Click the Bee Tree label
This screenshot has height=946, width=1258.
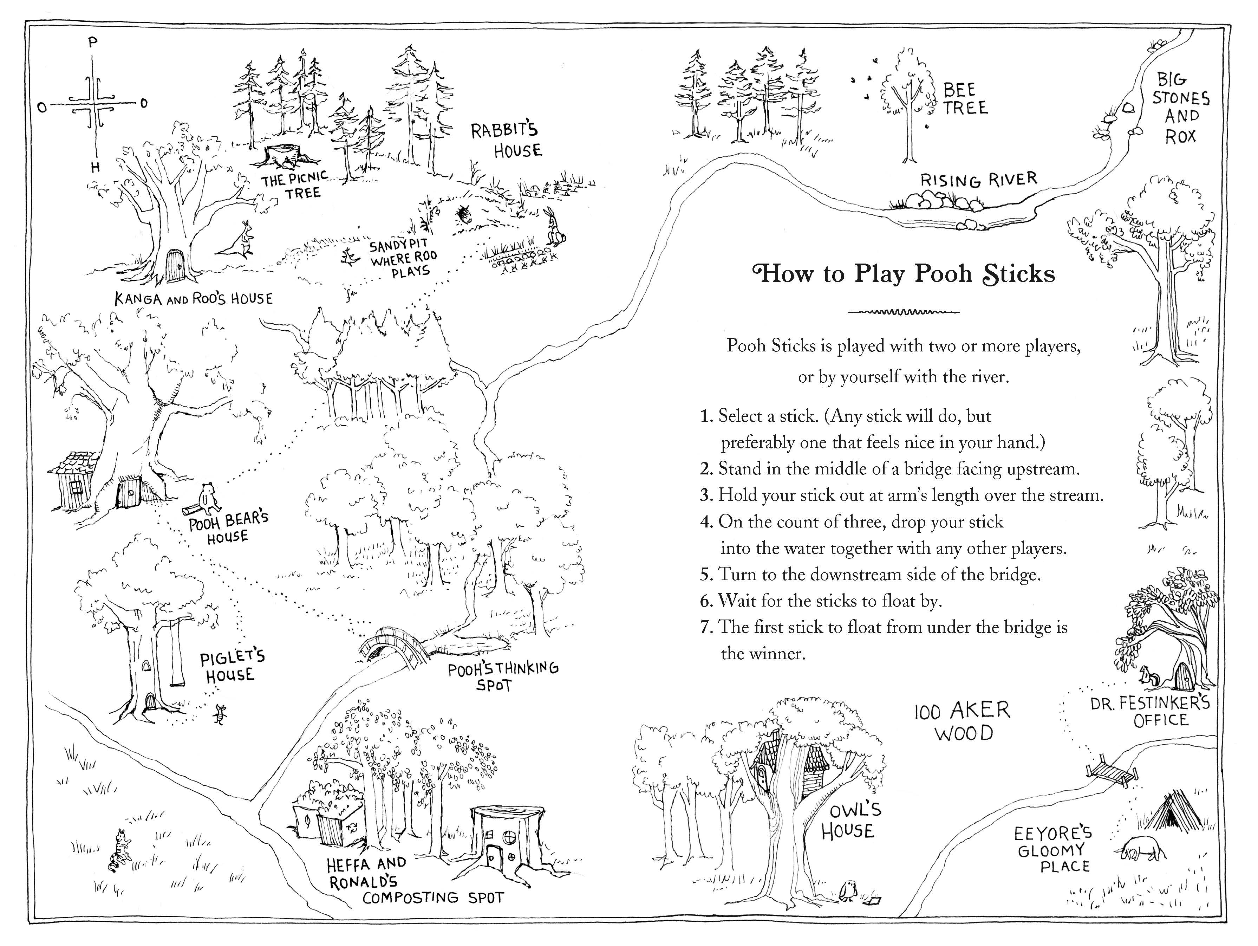[965, 98]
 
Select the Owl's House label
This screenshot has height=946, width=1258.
[847, 820]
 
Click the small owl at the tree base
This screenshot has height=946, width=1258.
[848, 892]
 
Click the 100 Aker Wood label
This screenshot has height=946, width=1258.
[962, 721]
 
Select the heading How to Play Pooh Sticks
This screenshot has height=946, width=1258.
[903, 274]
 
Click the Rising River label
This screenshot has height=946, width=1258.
[978, 180]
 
